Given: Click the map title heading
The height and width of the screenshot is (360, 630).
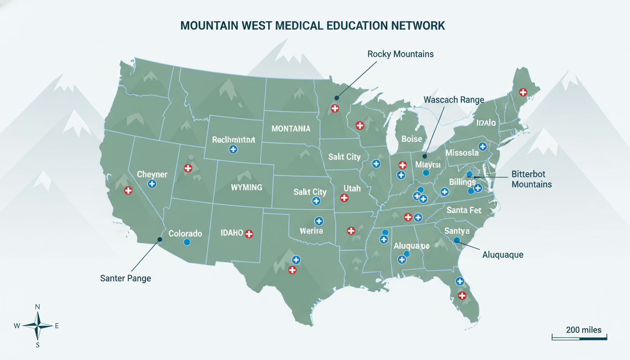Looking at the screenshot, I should (x=312, y=26).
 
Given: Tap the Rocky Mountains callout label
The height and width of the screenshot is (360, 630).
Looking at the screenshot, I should (x=400, y=54).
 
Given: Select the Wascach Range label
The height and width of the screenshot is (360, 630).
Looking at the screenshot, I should (x=454, y=100).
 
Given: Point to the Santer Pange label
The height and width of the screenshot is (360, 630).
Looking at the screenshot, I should (x=126, y=278).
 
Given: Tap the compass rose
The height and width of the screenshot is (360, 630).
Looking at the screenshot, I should (x=38, y=326).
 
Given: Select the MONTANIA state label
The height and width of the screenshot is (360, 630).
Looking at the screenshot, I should (x=291, y=128).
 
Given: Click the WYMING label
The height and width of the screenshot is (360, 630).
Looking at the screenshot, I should (x=247, y=187).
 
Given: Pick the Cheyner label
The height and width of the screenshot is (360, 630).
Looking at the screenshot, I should (x=152, y=174).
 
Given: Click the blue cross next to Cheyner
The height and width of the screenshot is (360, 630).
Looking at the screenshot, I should (x=152, y=184).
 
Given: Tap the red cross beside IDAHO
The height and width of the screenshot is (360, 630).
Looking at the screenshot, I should (x=249, y=233).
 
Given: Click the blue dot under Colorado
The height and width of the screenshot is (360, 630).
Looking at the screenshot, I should (x=187, y=242).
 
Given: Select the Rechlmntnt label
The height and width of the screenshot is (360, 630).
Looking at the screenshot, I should (x=233, y=139).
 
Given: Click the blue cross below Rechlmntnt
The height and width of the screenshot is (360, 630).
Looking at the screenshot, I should (x=233, y=150).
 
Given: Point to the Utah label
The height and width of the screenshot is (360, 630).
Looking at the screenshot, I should (x=352, y=188).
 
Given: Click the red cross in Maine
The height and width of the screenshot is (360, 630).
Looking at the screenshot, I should (x=523, y=92).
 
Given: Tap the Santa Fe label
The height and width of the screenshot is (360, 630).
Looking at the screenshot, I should (x=464, y=210).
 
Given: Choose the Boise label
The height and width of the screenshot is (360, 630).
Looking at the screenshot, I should (x=412, y=139).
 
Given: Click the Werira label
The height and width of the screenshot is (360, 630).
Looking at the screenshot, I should (x=312, y=231).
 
